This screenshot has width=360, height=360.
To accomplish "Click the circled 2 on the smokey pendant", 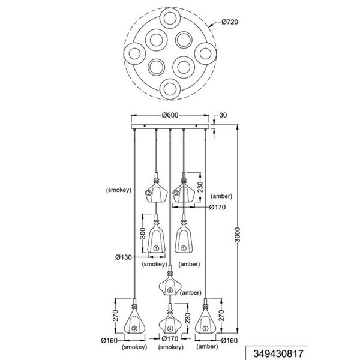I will pyautogui.click(x=149, y=193).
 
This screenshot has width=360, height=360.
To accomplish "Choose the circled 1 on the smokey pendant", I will pyautogui.click(x=156, y=247).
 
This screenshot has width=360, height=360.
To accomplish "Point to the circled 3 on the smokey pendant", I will pyautogui.click(x=135, y=328).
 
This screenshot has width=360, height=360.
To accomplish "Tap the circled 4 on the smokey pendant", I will pyautogui.click(x=170, y=328).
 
